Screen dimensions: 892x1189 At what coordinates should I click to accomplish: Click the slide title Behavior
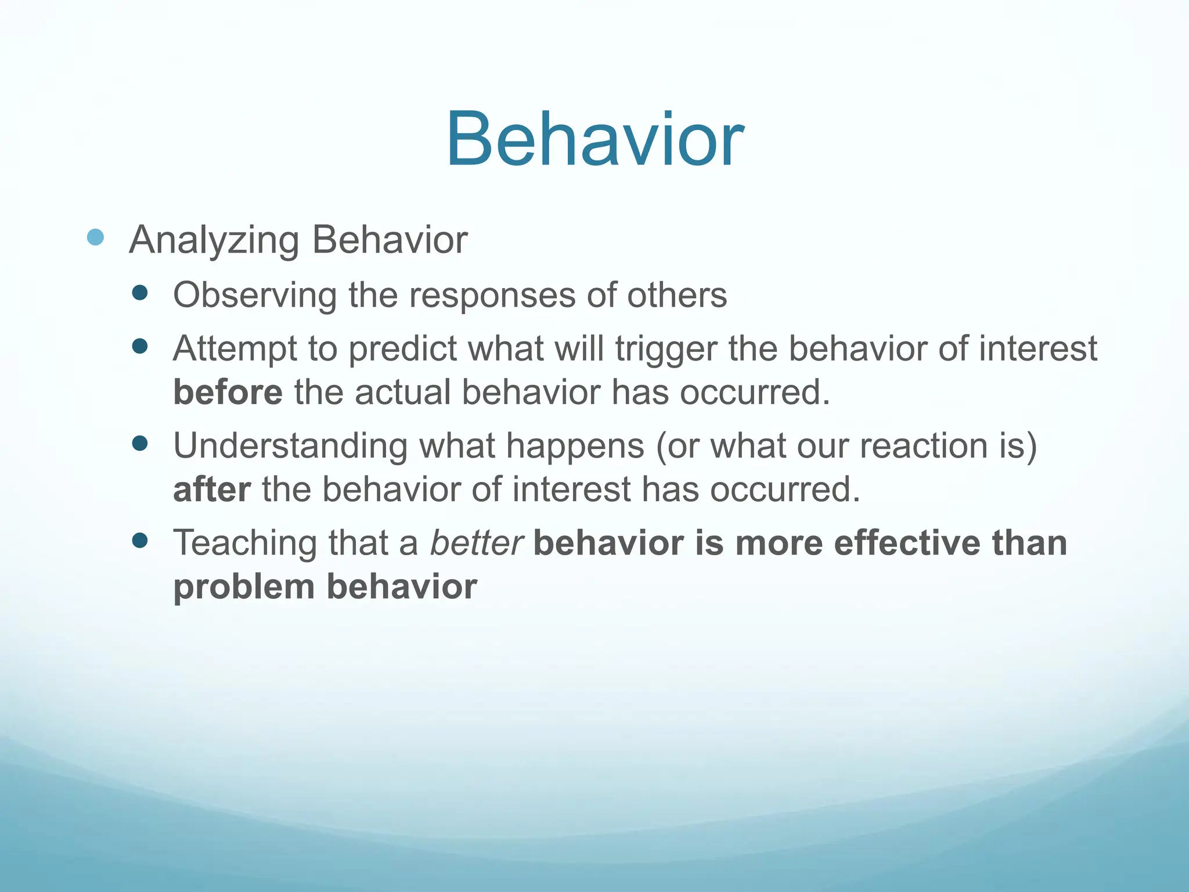click(x=594, y=141)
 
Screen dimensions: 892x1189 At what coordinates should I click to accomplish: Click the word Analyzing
click(x=214, y=240)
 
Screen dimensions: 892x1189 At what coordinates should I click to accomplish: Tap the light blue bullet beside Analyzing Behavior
click(x=95, y=237)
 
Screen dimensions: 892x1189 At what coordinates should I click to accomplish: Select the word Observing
click(x=254, y=295)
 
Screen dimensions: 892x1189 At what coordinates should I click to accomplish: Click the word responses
click(x=492, y=295)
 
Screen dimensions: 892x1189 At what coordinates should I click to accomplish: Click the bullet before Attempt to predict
click(x=140, y=347)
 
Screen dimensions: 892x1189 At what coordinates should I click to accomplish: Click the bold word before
click(x=228, y=392)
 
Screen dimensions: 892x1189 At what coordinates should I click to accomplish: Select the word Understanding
click(x=290, y=446)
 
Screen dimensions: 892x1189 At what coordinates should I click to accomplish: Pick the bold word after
click(x=212, y=489)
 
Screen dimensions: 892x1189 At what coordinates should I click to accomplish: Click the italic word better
click(x=476, y=543)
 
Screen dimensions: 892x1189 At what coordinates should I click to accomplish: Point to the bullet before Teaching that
click(x=140, y=541)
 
